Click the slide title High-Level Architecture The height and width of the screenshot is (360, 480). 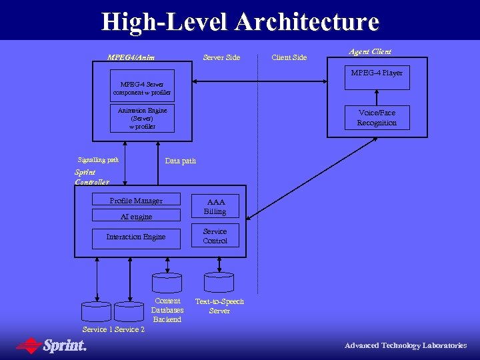point(240,22)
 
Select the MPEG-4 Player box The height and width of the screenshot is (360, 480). point(377,77)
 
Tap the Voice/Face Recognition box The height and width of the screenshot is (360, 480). point(377,118)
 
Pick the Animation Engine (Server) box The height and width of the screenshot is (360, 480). point(142,118)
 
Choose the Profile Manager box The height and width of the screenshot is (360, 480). point(136,201)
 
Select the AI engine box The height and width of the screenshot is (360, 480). point(136,216)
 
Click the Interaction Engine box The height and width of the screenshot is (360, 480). point(136,237)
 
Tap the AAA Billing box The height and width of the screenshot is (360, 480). point(215,206)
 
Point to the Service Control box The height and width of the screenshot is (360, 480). point(215,236)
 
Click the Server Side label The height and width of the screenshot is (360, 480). point(221,57)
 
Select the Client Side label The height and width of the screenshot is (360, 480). point(289,57)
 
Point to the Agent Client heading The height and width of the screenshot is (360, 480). point(370,51)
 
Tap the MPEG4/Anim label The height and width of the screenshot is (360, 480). point(131,57)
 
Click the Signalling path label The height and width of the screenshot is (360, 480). point(98,160)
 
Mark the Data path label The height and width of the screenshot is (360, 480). point(180,161)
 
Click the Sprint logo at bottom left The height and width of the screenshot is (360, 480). point(52,345)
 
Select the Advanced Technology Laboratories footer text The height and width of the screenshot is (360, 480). point(405,345)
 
